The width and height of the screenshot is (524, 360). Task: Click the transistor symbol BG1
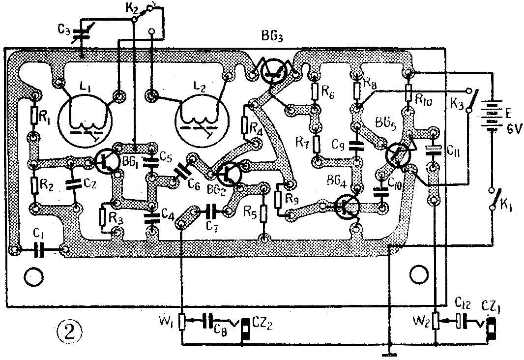point(104,162)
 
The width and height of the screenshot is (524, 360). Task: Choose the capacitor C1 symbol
point(39,250)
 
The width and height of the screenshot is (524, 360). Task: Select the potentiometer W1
point(182,322)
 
